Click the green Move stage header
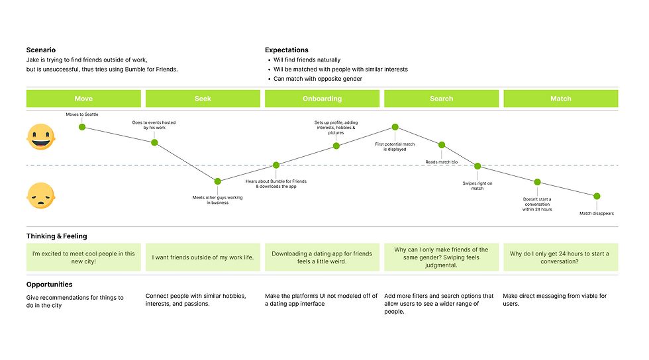[83, 99]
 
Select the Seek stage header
[203, 99]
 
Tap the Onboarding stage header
[322, 99]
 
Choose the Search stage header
[441, 99]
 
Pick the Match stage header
[560, 99]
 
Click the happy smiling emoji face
[41, 137]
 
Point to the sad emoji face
[41, 196]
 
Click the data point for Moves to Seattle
[82, 126]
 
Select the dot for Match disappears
[597, 196]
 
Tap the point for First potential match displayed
[395, 127]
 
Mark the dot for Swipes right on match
[477, 166]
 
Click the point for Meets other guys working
[217, 181]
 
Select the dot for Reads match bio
[442, 145]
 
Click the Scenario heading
[41, 50]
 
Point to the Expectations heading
[287, 50]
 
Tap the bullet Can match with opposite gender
[318, 79]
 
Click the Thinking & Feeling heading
[56, 236]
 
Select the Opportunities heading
[50, 285]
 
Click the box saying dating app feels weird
[322, 257]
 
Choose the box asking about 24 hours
[560, 257]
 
